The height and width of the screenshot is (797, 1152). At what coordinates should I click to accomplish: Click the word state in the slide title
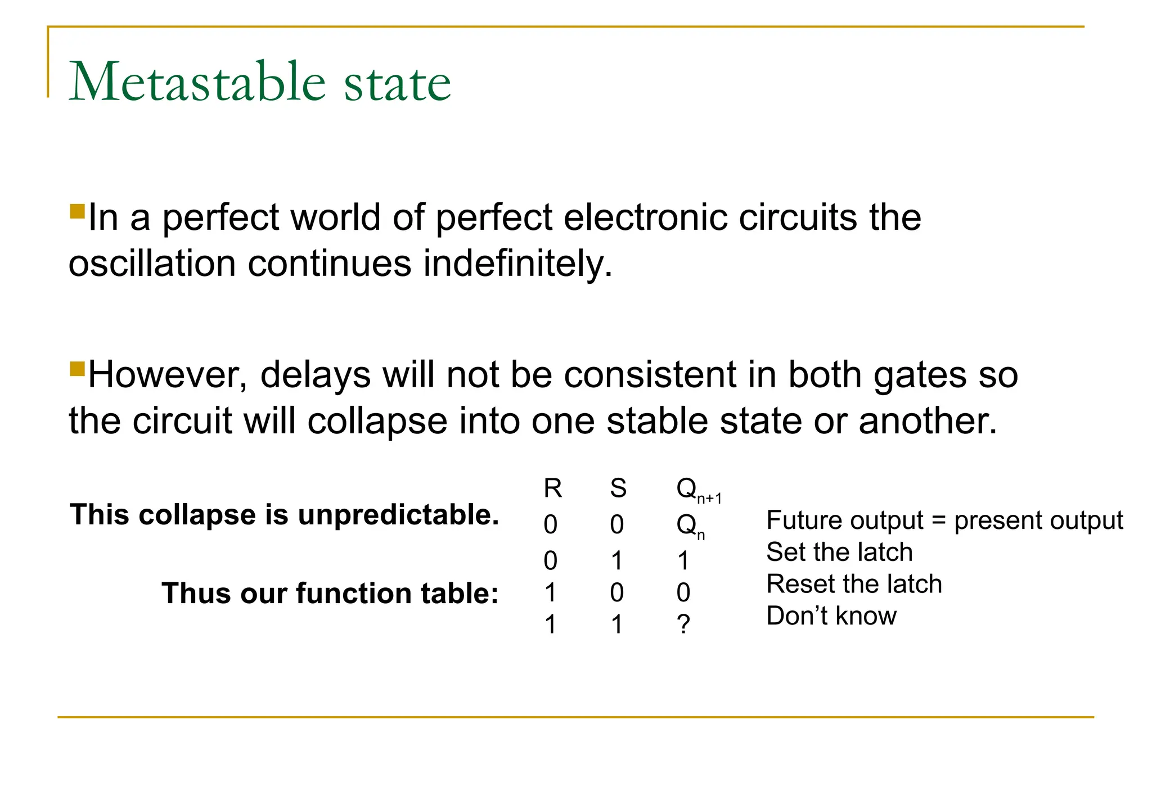(x=397, y=84)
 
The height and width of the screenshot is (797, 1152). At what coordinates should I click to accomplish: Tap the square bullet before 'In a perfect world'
(x=77, y=212)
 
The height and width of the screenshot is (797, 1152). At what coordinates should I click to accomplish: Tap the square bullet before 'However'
(x=77, y=369)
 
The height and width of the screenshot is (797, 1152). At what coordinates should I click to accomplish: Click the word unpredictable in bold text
(x=398, y=514)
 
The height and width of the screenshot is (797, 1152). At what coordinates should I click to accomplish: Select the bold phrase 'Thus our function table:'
(x=330, y=593)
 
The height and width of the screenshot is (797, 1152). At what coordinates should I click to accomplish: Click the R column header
(x=552, y=488)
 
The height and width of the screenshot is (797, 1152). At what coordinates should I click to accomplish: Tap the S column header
(x=618, y=488)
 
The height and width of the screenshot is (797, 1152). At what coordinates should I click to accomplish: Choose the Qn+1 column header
(x=697, y=490)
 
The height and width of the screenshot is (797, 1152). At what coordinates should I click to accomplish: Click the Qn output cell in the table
(x=690, y=526)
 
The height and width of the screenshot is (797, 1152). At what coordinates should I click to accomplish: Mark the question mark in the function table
(x=683, y=624)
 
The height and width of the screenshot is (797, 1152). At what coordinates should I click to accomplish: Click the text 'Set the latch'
(x=839, y=552)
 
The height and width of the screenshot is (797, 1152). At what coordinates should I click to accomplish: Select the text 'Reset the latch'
(x=854, y=584)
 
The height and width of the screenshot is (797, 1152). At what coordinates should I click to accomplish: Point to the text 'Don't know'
(x=831, y=616)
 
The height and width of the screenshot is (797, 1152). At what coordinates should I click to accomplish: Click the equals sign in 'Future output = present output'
(x=938, y=520)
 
